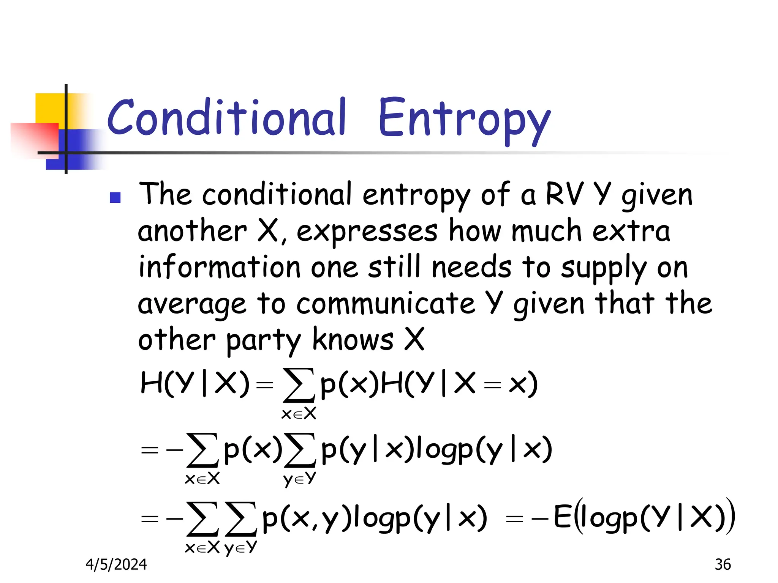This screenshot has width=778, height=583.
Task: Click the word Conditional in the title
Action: click(x=226, y=118)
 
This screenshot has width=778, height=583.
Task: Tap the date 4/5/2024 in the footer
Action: click(x=116, y=564)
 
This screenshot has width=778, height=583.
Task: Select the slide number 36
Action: click(x=722, y=564)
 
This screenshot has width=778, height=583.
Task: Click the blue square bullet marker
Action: click(x=115, y=197)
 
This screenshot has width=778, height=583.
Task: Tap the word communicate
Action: click(x=385, y=304)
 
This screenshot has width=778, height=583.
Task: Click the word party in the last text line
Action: click(x=263, y=340)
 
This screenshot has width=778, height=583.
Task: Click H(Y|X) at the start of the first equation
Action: click(x=194, y=383)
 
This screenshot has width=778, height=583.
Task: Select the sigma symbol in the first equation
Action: click(x=299, y=385)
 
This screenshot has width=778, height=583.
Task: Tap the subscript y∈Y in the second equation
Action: click(x=300, y=479)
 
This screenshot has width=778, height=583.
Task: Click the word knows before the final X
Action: click(x=353, y=340)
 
